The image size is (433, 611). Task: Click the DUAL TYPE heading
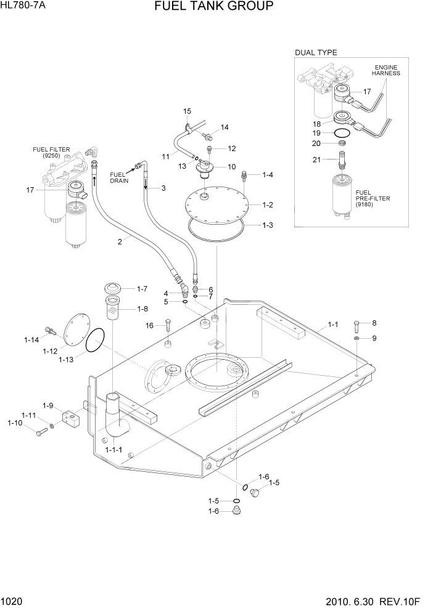click(316, 52)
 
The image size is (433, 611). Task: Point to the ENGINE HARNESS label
click(386, 70)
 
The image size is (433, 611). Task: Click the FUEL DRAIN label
click(118, 178)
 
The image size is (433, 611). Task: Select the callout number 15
click(188, 111)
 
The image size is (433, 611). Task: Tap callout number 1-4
click(267, 176)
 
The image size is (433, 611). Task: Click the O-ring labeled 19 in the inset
click(344, 133)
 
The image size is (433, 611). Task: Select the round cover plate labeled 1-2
click(220, 203)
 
